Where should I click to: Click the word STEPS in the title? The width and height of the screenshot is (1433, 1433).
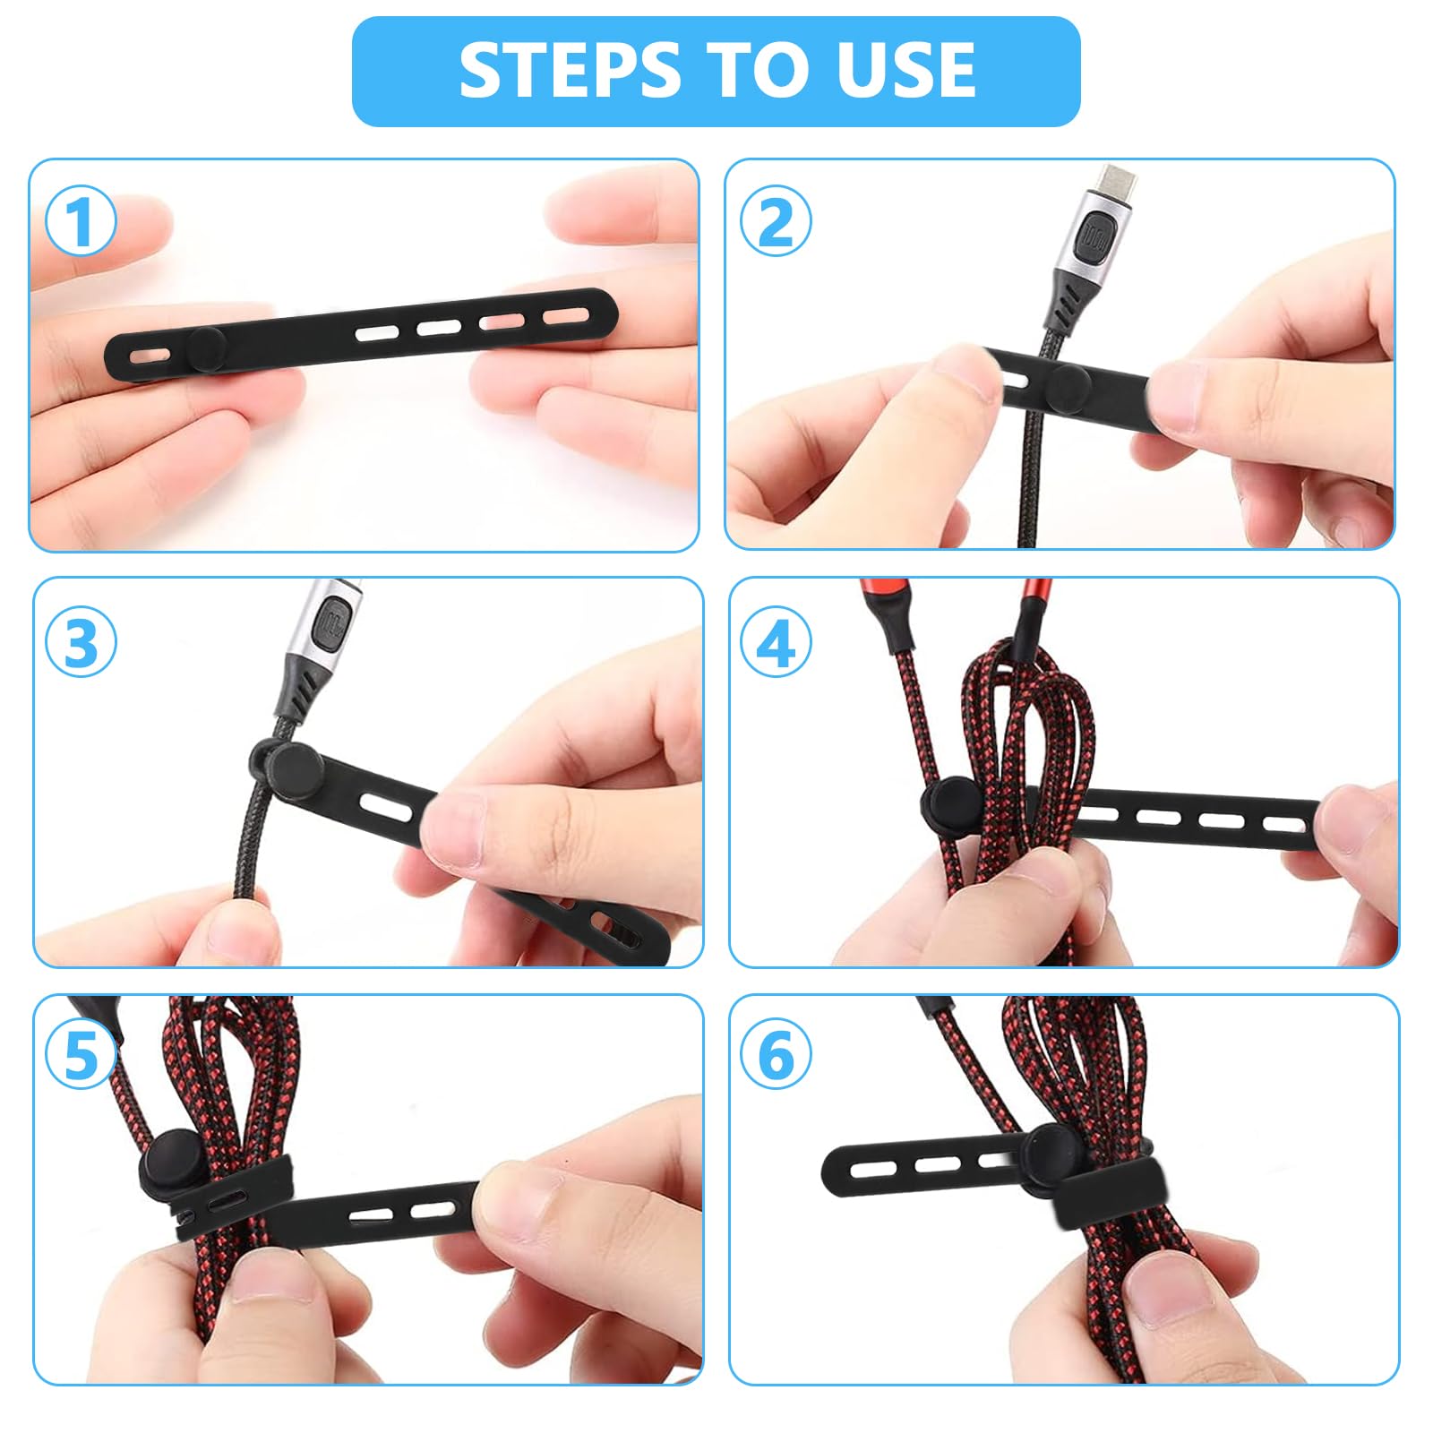569,71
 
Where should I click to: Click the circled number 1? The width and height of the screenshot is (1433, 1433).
81,221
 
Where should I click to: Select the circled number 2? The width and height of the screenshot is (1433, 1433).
776,221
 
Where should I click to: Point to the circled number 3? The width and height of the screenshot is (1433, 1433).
81,642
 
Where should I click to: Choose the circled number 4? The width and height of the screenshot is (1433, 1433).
776,642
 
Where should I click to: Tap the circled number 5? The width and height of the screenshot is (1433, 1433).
81,1054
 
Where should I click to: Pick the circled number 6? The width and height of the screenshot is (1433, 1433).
776,1054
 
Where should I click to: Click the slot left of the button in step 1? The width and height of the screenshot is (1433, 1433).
143,356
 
